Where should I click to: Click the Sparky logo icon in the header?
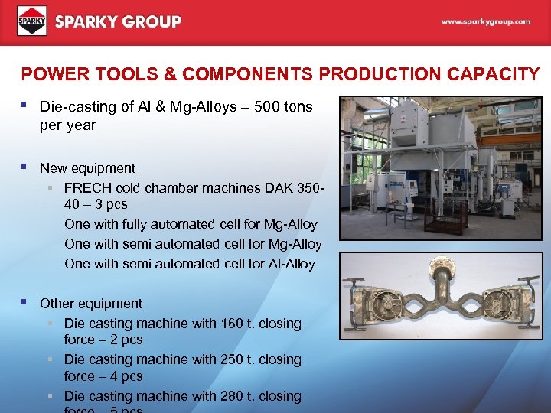(32, 21)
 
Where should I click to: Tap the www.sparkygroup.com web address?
(485, 22)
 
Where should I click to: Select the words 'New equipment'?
(87, 168)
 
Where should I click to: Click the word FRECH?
(87, 187)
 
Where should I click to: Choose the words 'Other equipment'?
(90, 304)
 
